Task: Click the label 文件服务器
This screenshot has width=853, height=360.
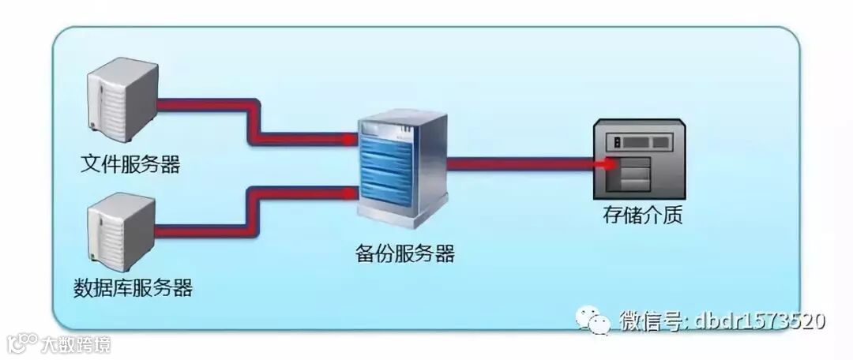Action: [130, 165]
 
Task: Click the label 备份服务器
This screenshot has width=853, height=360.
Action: [404, 254]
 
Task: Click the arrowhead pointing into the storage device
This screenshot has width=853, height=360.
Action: [607, 165]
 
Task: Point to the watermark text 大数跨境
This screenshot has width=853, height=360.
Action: [76, 344]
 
